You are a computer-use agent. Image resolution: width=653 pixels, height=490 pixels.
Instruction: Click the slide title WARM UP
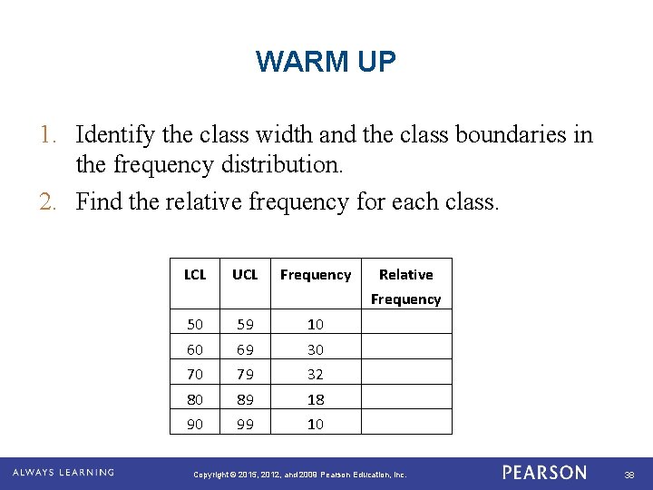pos(326,62)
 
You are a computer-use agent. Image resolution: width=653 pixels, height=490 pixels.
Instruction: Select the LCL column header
pos(195,274)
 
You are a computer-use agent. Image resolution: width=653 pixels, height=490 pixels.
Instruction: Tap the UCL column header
pos(245,274)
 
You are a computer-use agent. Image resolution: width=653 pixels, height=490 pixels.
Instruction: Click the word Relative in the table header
pos(405,274)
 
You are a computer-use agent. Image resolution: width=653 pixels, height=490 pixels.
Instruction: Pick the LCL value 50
pos(195,324)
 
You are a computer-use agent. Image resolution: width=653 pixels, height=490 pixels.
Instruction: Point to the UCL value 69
pos(245,349)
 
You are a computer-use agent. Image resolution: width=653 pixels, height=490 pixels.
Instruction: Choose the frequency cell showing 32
pos(315,374)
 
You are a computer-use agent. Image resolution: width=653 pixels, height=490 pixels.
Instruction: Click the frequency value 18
pos(315,399)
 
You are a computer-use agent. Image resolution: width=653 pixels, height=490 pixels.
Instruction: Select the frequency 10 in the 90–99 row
pos(315,424)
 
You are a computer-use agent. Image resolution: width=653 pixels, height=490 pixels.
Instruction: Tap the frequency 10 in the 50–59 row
pos(315,324)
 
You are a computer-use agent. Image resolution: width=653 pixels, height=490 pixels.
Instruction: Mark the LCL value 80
pos(195,399)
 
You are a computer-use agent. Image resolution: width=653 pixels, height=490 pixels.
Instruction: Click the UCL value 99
pos(245,424)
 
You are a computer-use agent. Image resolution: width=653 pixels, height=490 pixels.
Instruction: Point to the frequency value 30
pos(315,349)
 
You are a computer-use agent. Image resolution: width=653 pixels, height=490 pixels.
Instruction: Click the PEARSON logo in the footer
pos(544,473)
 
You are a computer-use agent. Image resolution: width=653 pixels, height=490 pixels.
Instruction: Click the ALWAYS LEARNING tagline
pos(63,473)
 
